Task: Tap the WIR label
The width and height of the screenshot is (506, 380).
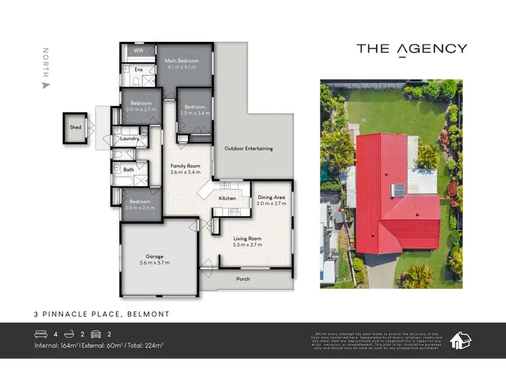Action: point(138,51)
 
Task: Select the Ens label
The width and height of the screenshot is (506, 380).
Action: point(138,70)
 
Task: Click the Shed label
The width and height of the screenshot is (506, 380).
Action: point(75,127)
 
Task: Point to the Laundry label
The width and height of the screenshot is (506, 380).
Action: point(130,139)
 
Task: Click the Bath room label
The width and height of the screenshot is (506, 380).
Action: point(128,169)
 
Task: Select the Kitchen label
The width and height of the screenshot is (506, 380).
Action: point(227,198)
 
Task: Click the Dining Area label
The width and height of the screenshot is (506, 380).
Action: point(272,197)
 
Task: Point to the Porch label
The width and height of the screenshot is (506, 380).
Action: point(243,279)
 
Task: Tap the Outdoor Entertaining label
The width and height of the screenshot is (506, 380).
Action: point(248,148)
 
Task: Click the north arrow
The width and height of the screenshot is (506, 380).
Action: point(46,86)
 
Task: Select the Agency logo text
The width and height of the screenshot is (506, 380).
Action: point(412,49)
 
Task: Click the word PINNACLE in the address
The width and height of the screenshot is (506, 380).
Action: point(92,315)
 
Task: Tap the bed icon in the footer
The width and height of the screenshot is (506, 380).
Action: point(40,333)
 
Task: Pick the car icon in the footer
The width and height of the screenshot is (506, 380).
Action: point(95,333)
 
